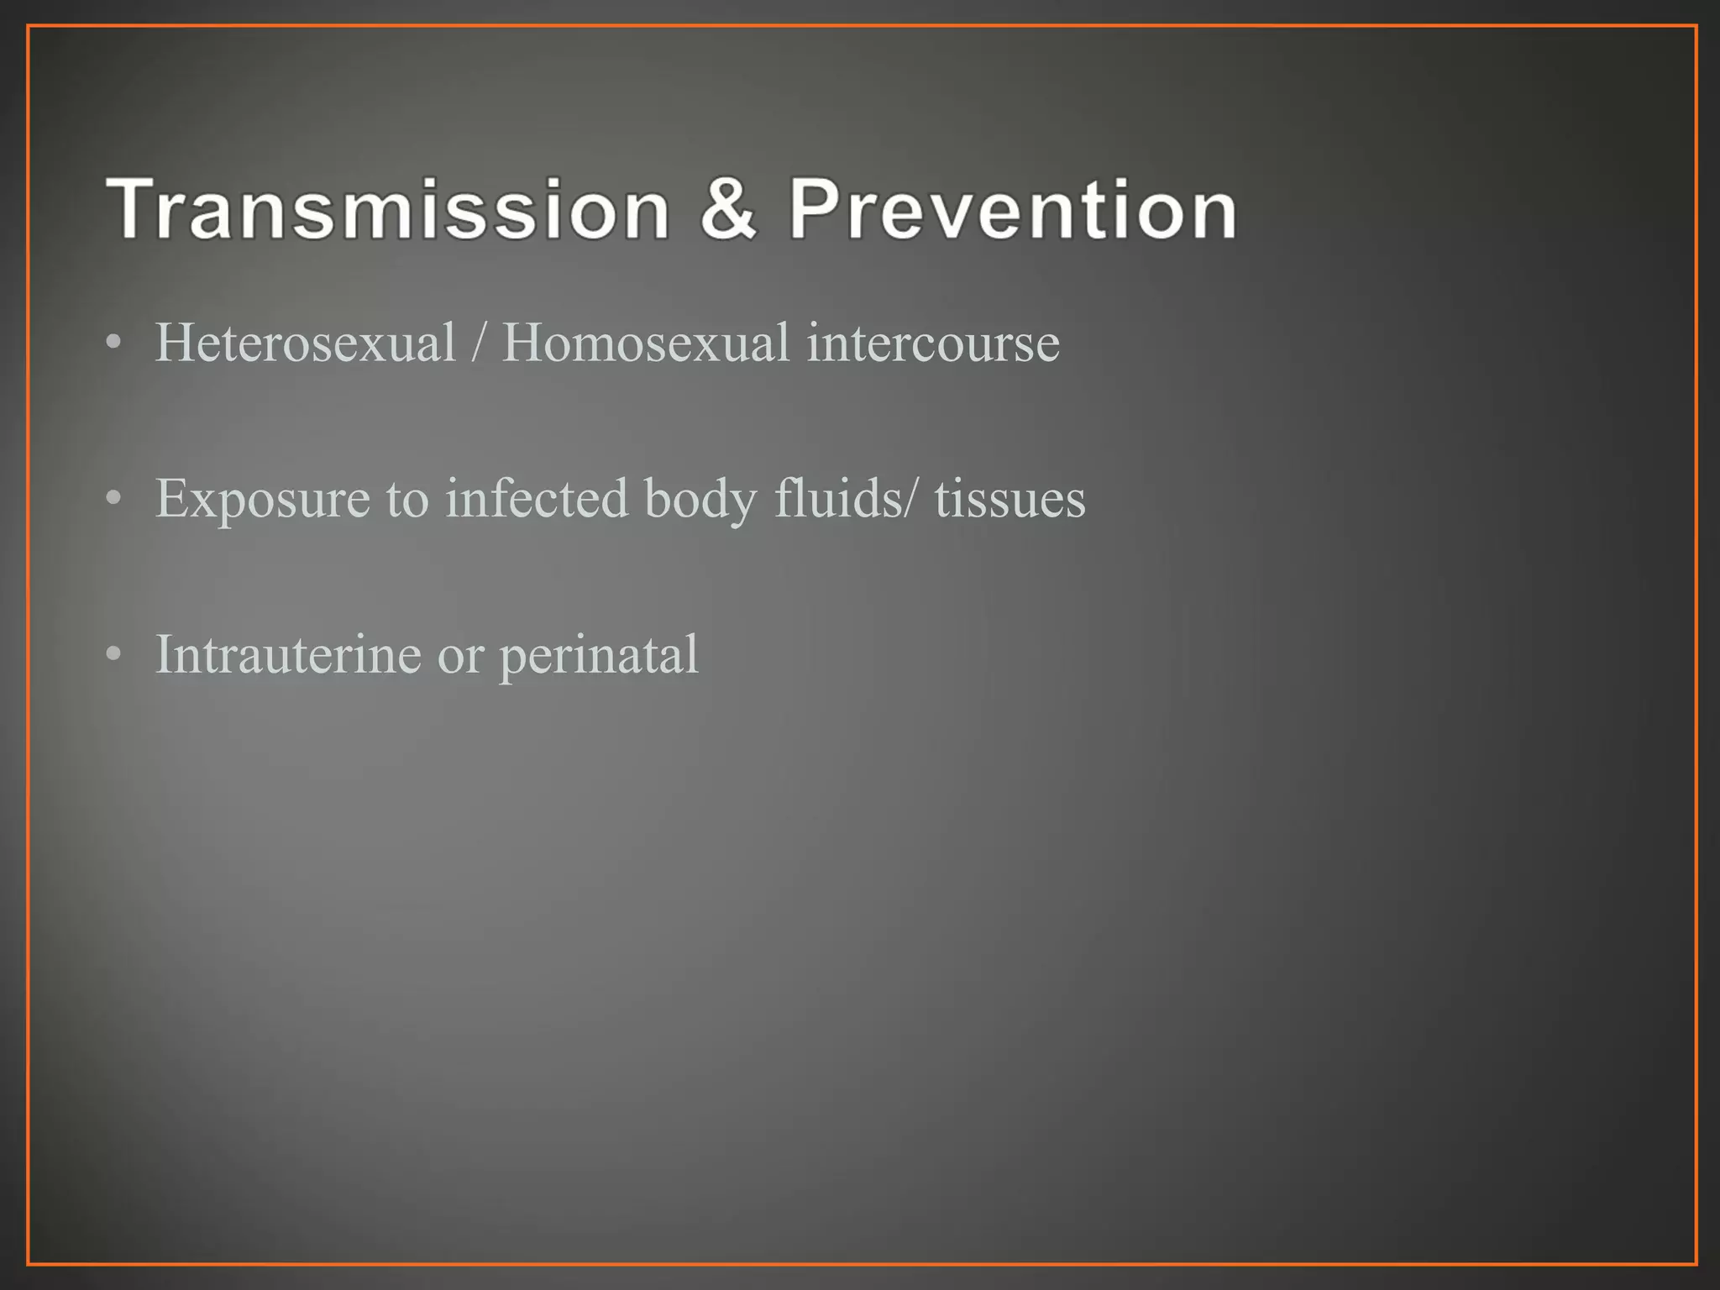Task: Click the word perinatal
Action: [x=599, y=655]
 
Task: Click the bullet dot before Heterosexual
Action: [x=114, y=343]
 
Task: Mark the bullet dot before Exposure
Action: [x=114, y=499]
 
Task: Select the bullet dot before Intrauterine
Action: [x=114, y=654]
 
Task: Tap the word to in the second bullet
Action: [x=407, y=499]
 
